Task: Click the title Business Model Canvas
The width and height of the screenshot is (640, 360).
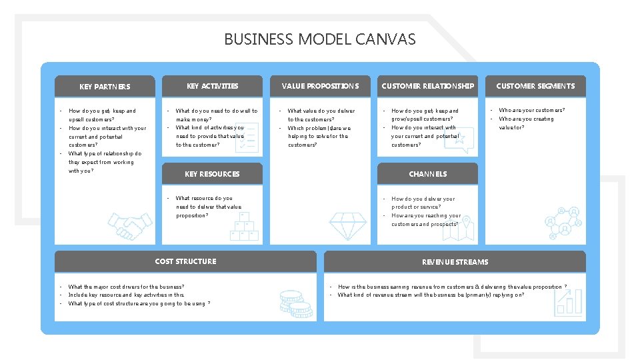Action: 319,39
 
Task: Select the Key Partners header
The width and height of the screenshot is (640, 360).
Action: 105,87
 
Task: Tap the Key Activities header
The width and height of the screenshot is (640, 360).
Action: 212,86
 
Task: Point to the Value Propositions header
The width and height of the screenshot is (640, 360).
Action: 320,86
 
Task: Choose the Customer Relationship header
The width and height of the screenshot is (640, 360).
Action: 427,86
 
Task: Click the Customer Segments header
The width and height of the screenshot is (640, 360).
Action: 535,86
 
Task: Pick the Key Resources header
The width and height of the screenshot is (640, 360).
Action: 212,174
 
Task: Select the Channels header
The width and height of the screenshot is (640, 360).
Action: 427,174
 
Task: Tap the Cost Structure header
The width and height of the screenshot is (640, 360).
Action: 185,261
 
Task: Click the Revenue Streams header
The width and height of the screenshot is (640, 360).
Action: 455,262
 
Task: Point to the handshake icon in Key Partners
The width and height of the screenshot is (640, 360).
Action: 130,225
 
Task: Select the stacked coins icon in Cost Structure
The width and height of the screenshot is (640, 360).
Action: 294,303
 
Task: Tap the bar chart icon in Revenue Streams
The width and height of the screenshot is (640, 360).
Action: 568,302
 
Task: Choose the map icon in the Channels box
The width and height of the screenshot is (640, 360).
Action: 464,229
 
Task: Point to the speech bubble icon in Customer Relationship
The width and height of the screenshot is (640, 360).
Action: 462,139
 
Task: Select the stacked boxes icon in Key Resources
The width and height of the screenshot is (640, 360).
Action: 244,226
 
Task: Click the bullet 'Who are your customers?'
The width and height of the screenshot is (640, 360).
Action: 531,111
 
